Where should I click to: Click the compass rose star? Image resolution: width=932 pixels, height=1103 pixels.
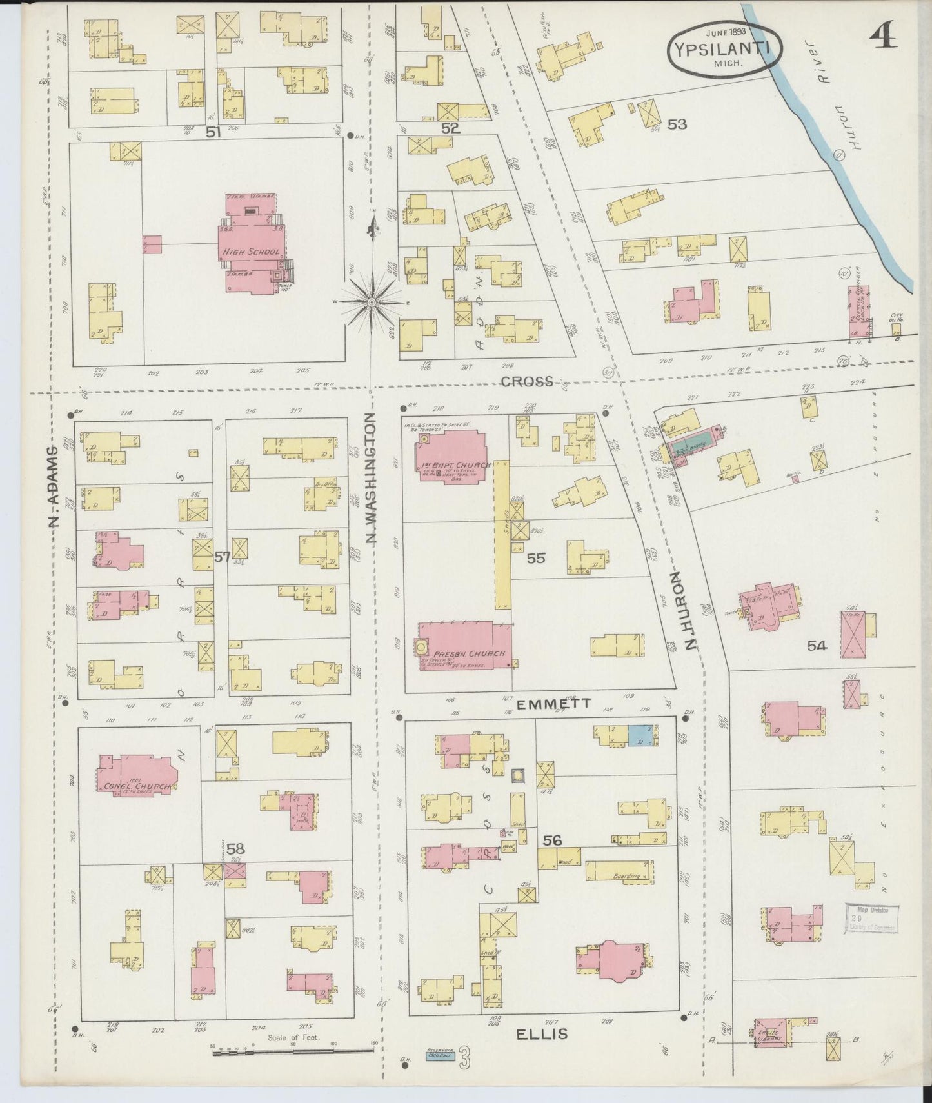click(x=372, y=301)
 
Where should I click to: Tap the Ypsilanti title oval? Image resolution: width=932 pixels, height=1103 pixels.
click(x=726, y=46)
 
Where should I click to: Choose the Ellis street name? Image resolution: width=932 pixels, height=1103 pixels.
click(x=542, y=1034)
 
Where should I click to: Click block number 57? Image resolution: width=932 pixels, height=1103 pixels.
click(x=222, y=557)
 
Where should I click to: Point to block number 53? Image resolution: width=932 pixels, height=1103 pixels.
click(x=677, y=124)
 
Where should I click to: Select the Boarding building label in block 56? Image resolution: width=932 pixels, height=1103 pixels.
click(x=626, y=876)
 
